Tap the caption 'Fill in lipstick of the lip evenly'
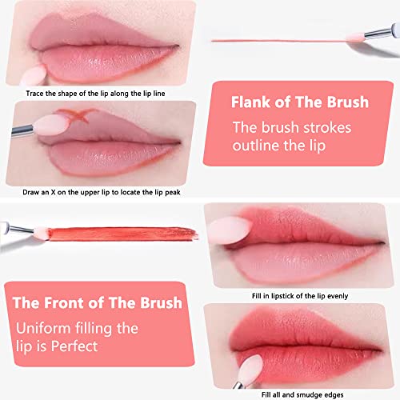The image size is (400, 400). coord(299,295)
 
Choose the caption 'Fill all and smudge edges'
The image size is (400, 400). coord(299,391)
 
